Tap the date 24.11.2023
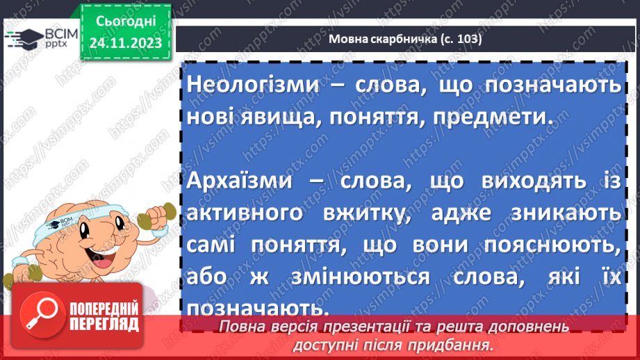125,42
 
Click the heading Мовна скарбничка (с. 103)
404,39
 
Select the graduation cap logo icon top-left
18,40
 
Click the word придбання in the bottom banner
459,344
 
